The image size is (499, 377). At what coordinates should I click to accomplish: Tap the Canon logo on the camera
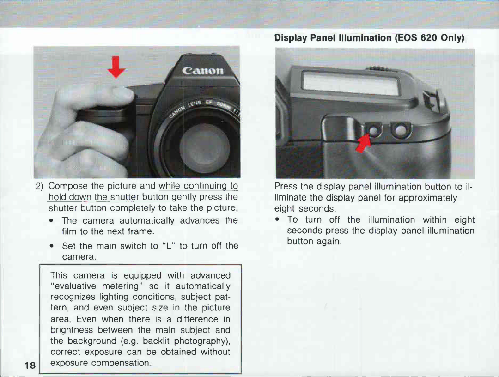pos(203,71)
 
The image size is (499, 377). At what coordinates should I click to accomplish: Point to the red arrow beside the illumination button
pos(364,141)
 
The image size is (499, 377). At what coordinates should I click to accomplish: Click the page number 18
pos(30,365)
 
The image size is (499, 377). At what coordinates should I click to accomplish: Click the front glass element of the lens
pos(204,147)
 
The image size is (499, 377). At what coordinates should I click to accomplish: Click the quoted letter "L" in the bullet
pos(167,246)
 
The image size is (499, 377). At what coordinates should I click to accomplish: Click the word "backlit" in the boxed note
pos(156,341)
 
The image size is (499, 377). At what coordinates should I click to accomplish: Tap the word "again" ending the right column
pos(329,242)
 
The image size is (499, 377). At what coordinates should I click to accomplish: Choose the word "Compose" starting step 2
pos(67,186)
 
